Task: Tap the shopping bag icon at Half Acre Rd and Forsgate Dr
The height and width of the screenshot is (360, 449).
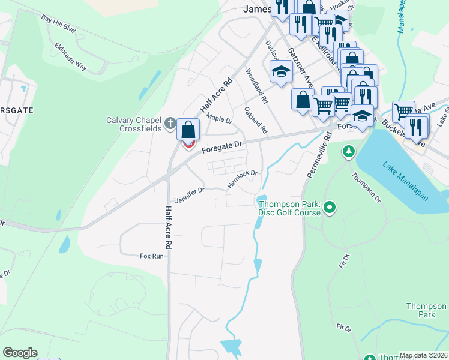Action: [x=188, y=130]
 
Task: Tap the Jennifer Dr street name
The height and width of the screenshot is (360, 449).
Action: [x=190, y=194]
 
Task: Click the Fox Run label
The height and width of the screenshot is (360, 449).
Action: [x=151, y=256]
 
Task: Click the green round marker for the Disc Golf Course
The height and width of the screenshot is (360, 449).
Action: [x=329, y=208]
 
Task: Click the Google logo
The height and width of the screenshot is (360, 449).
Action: [x=20, y=353]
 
